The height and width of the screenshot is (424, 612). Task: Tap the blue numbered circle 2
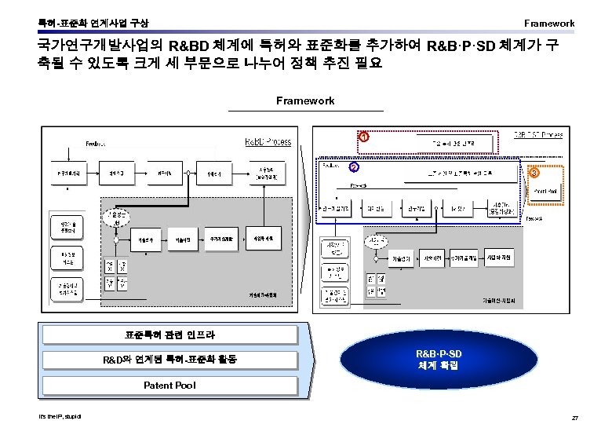(355, 167)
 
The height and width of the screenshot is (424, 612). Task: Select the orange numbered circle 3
(534, 173)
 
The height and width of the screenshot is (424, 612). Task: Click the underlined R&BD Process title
(268, 142)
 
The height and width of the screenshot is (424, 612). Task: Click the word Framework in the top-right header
(549, 23)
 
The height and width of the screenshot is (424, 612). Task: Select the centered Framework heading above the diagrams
(305, 101)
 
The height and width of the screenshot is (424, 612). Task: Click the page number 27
(576, 415)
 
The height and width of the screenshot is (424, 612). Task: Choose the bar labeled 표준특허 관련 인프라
(170, 334)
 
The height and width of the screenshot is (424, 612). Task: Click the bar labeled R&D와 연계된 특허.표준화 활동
(170, 360)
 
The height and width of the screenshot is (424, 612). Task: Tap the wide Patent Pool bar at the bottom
(170, 385)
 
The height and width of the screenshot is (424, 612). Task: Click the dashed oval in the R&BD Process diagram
(115, 217)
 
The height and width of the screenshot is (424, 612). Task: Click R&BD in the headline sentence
(189, 45)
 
